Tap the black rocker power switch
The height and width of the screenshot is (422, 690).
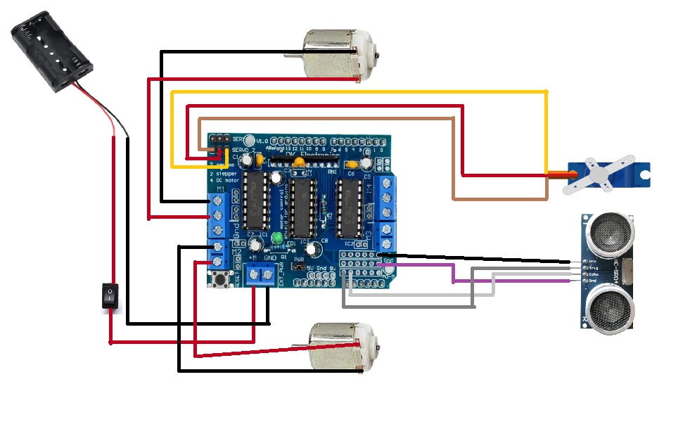pos(109,296)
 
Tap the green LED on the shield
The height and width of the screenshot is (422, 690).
pos(279,240)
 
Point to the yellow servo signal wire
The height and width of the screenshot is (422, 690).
pos(359,91)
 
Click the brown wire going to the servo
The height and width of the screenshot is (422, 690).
pos(324,119)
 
